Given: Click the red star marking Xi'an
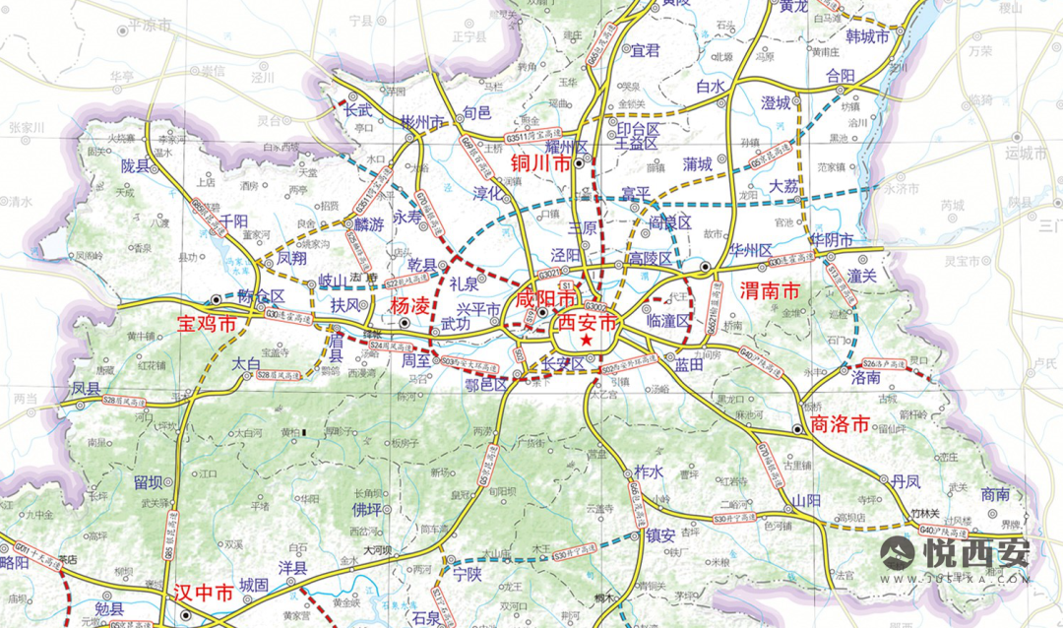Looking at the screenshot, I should coord(587,340).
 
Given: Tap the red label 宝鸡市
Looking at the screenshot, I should coord(207,323).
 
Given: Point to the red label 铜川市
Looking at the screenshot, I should coord(541,163).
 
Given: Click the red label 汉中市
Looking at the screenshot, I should coord(203,593).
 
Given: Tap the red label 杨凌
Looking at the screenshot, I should coord(410,305).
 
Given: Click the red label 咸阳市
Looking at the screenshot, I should coord(539,297).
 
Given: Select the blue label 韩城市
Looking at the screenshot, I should coord(867,36).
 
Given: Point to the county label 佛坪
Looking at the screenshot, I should coord(366,509).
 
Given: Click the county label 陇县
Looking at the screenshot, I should coord(141,166).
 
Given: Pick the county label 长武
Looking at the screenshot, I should coord(357,111).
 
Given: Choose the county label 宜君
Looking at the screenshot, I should coord(646,50).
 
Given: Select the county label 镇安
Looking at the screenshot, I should coord(660,535).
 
